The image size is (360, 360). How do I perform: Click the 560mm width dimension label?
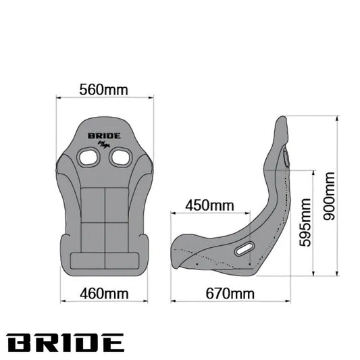coord(103,90)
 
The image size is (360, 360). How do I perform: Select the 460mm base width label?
coord(104,294)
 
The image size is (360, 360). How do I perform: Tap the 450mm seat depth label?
coord(209,205)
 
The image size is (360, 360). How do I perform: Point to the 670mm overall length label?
coord(230,294)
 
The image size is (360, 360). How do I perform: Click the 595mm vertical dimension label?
coord(305,222)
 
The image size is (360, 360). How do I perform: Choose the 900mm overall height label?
coord(329,197)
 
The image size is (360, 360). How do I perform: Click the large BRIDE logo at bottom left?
coord(66,343)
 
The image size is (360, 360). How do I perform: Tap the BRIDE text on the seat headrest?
coord(104,136)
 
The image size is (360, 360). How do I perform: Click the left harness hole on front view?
coord(88,157)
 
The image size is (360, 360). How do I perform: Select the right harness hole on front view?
coord(121,157)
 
